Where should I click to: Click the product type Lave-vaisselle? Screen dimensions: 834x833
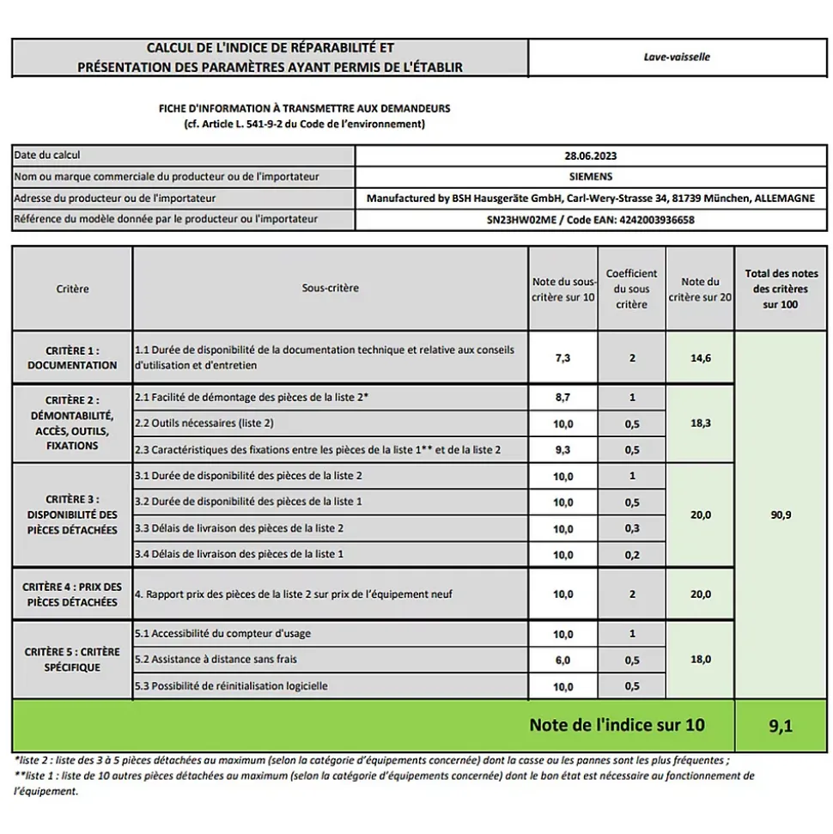click(677, 58)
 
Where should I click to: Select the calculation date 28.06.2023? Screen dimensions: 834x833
click(591, 156)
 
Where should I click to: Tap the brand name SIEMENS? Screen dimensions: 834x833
click(591, 177)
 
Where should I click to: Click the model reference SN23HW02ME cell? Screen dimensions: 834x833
click(591, 220)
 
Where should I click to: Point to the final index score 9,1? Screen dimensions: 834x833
click(781, 727)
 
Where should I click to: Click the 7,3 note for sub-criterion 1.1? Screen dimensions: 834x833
click(562, 358)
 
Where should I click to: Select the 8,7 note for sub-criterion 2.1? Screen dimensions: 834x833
click(562, 398)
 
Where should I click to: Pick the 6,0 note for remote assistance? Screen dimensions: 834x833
click(562, 660)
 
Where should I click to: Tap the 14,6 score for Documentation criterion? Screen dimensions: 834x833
click(700, 358)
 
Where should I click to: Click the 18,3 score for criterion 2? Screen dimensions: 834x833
click(700, 423)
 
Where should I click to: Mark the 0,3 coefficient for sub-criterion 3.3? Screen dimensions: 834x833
click(632, 529)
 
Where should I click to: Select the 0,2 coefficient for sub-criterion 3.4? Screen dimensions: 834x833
click(632, 555)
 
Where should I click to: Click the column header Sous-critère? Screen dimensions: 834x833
click(331, 289)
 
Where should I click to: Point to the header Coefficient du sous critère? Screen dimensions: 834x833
click(632, 289)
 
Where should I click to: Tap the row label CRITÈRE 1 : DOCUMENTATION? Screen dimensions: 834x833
click(72, 358)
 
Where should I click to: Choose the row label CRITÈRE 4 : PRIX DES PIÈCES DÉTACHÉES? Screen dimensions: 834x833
click(72, 594)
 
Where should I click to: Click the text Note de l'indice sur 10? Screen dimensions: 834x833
click(617, 725)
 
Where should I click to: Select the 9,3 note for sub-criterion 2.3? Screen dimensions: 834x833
click(562, 450)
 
